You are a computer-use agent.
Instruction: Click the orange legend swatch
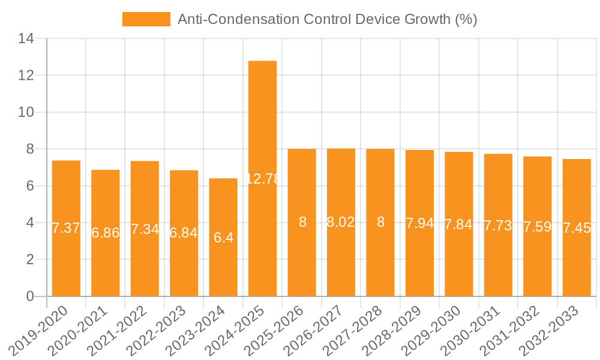tap(146, 19)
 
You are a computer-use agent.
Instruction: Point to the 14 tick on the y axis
tap(26, 39)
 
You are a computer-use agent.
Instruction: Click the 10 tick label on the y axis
tap(26, 112)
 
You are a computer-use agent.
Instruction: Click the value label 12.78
tap(263, 179)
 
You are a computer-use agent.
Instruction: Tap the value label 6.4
tap(223, 238)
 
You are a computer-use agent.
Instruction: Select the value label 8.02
tap(341, 222)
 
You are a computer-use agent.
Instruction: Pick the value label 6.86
tap(106, 233)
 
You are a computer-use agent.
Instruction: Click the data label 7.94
tap(419, 224)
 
